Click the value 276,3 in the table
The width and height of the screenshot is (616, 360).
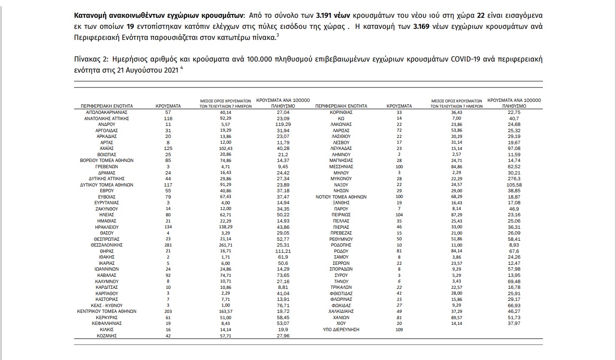(514, 179)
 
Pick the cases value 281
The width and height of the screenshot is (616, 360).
(168, 245)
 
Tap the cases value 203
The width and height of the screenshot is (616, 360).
(168, 311)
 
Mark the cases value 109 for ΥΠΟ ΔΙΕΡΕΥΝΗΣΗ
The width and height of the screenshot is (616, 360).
(399, 330)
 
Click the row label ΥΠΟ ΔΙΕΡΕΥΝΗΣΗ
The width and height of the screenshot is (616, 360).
(341, 330)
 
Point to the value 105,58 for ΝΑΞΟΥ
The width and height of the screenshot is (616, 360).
(514, 185)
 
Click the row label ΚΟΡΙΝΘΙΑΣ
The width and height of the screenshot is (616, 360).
(341, 112)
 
